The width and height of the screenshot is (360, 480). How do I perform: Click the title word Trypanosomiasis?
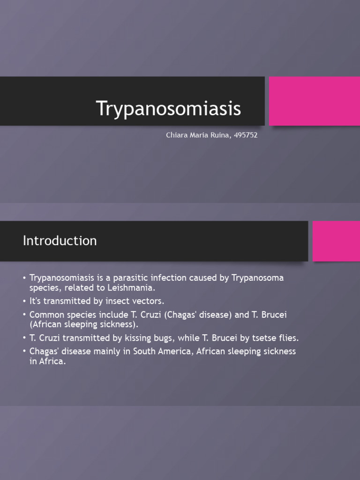click(169, 109)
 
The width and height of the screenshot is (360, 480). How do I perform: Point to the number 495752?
click(245, 135)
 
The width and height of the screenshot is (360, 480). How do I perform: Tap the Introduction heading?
click(60, 241)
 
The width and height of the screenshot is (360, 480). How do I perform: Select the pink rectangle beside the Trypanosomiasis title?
click(314, 101)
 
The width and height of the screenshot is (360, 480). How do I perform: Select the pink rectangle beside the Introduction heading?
click(336, 241)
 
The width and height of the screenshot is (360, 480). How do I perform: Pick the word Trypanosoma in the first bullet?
click(258, 278)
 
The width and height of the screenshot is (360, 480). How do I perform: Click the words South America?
click(155, 352)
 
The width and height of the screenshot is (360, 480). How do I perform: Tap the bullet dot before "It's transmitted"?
click(24, 301)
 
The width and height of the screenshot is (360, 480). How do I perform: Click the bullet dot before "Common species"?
click(24, 315)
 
